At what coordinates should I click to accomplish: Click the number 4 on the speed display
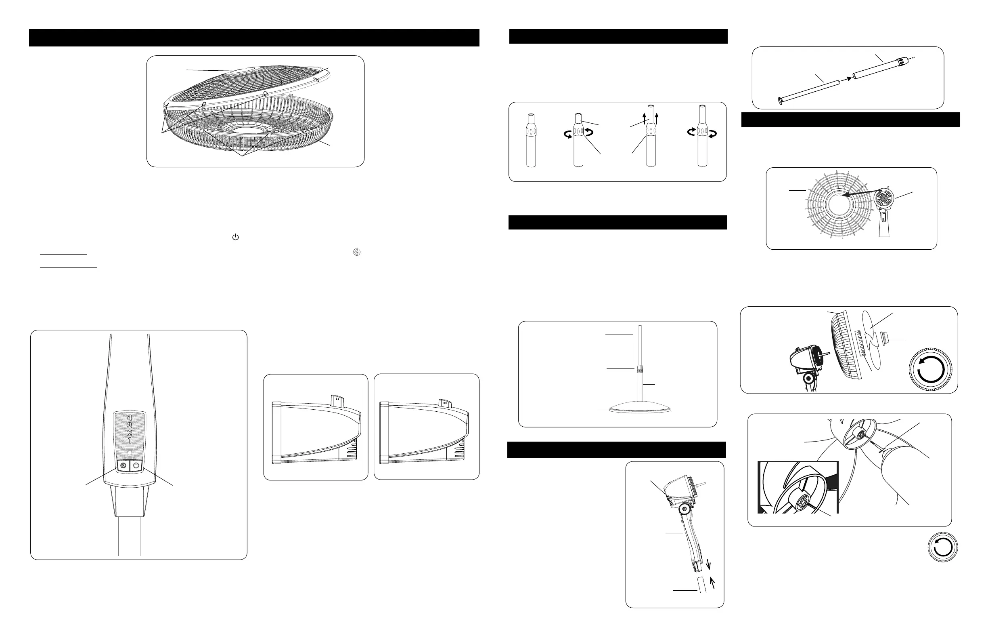(x=130, y=418)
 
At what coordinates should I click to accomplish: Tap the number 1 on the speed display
(x=130, y=440)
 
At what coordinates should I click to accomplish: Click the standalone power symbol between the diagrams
(x=235, y=237)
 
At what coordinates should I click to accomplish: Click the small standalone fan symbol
(x=357, y=252)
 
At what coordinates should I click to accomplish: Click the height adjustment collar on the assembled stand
(x=640, y=368)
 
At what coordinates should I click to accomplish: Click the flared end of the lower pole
(x=780, y=101)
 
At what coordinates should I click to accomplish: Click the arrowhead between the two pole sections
(x=849, y=78)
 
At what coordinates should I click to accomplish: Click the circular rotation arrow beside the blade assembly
(x=931, y=369)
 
